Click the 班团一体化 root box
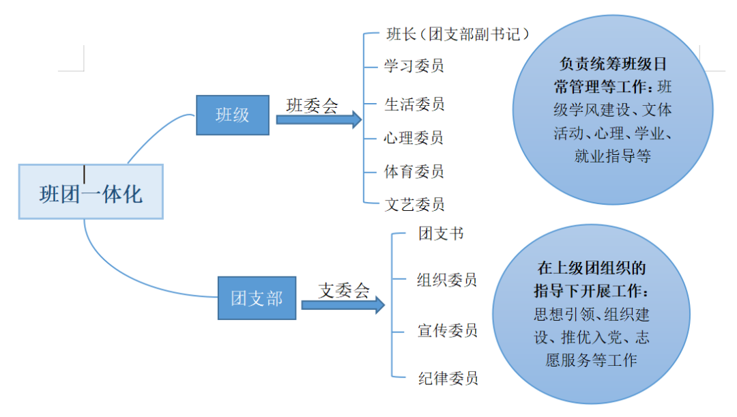[91, 192]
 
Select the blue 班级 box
[233, 115]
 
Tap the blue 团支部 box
[257, 298]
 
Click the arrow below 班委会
[318, 120]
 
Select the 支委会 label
[344, 290]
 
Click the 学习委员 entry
[414, 66]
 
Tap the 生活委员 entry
[414, 104]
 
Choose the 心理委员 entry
[414, 138]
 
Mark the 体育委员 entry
[414, 171]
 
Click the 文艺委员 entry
[414, 203]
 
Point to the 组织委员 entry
[447, 279]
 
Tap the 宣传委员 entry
[447, 330]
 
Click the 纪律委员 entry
[447, 378]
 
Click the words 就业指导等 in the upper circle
[613, 156]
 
